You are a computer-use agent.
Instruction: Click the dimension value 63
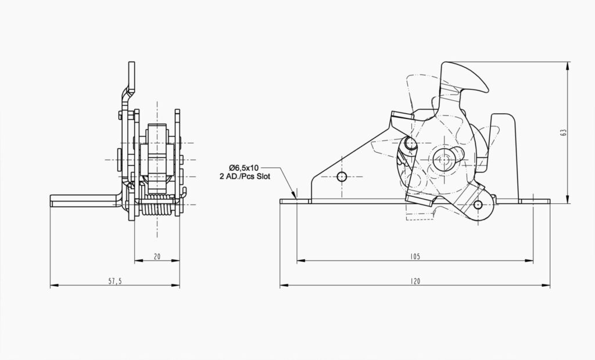(563, 132)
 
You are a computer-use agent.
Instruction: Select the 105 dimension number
(415, 256)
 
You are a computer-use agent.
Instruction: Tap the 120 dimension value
(415, 281)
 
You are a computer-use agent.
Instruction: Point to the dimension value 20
(157, 256)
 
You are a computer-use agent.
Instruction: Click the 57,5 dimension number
(115, 281)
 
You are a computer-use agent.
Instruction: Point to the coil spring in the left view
(157, 207)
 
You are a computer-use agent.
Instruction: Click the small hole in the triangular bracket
(342, 176)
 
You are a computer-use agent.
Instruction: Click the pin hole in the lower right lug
(478, 205)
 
